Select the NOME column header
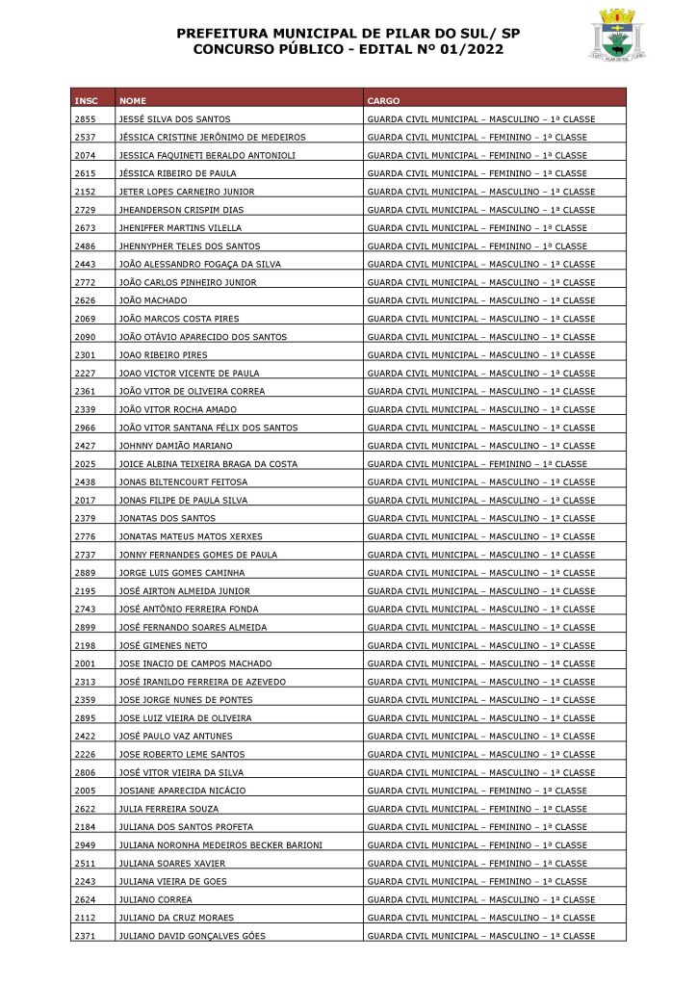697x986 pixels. pos(133,101)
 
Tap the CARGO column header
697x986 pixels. pos(383,101)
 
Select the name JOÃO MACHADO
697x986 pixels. pos(146,300)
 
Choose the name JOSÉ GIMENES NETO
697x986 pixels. pos(163,645)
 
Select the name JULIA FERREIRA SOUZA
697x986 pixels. pos(168,809)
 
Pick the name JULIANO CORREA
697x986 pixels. pos(155,899)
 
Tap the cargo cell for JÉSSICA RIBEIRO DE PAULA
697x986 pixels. pos(477,173)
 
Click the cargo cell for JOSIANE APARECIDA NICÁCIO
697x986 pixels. pos(477,791)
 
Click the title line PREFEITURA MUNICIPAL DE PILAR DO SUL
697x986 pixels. pos(348,33)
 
